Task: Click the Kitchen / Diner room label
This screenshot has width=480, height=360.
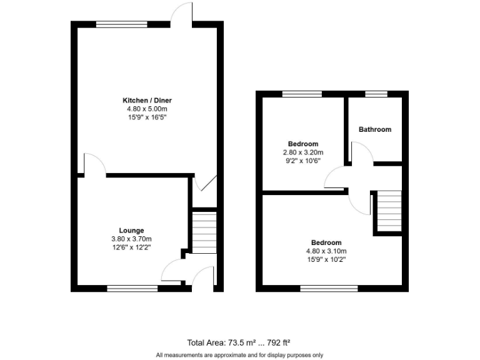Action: (147, 100)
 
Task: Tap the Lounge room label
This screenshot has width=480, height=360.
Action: (131, 231)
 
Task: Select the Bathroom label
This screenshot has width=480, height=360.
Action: (375, 129)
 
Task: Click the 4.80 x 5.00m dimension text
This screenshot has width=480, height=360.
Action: (147, 108)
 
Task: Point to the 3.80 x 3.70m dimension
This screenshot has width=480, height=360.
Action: (131, 239)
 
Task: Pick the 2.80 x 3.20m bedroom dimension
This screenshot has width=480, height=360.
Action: (303, 152)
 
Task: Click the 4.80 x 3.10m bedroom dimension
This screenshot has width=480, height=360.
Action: (327, 251)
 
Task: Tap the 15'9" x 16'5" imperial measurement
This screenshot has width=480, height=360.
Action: (147, 117)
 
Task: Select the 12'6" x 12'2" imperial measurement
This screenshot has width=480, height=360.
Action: (131, 247)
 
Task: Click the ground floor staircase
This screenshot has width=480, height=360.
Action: (203, 232)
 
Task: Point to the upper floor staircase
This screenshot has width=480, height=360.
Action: (389, 211)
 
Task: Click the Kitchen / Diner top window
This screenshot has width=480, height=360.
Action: (122, 24)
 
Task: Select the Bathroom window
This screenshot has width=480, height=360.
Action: (376, 94)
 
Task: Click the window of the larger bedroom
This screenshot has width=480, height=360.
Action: (329, 288)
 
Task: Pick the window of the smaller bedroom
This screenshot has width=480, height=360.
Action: (302, 94)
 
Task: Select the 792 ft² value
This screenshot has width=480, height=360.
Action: (278, 342)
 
